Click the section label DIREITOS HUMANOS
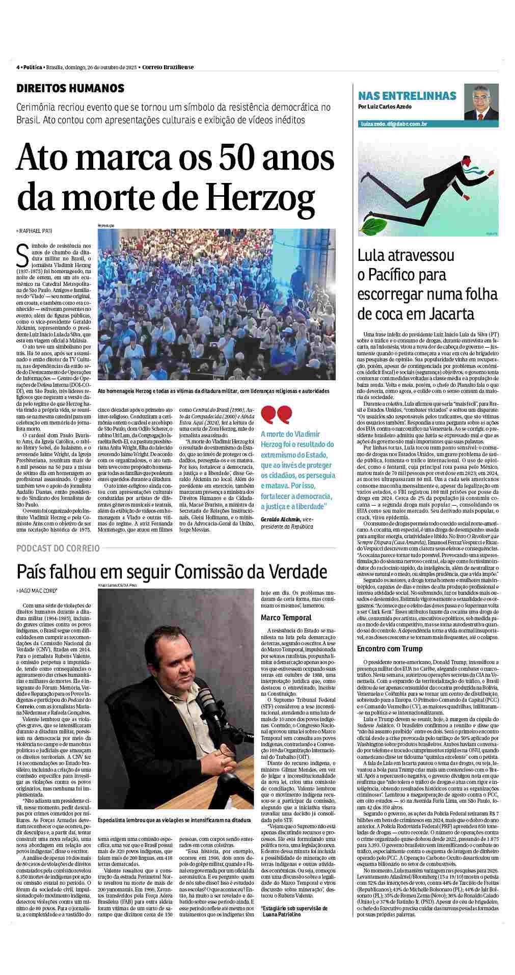(x=70, y=88)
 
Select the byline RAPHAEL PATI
(x=36, y=231)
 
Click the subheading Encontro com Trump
(x=390, y=649)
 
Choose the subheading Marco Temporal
(x=286, y=618)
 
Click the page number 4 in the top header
(x=18, y=67)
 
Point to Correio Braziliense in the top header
(x=168, y=67)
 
